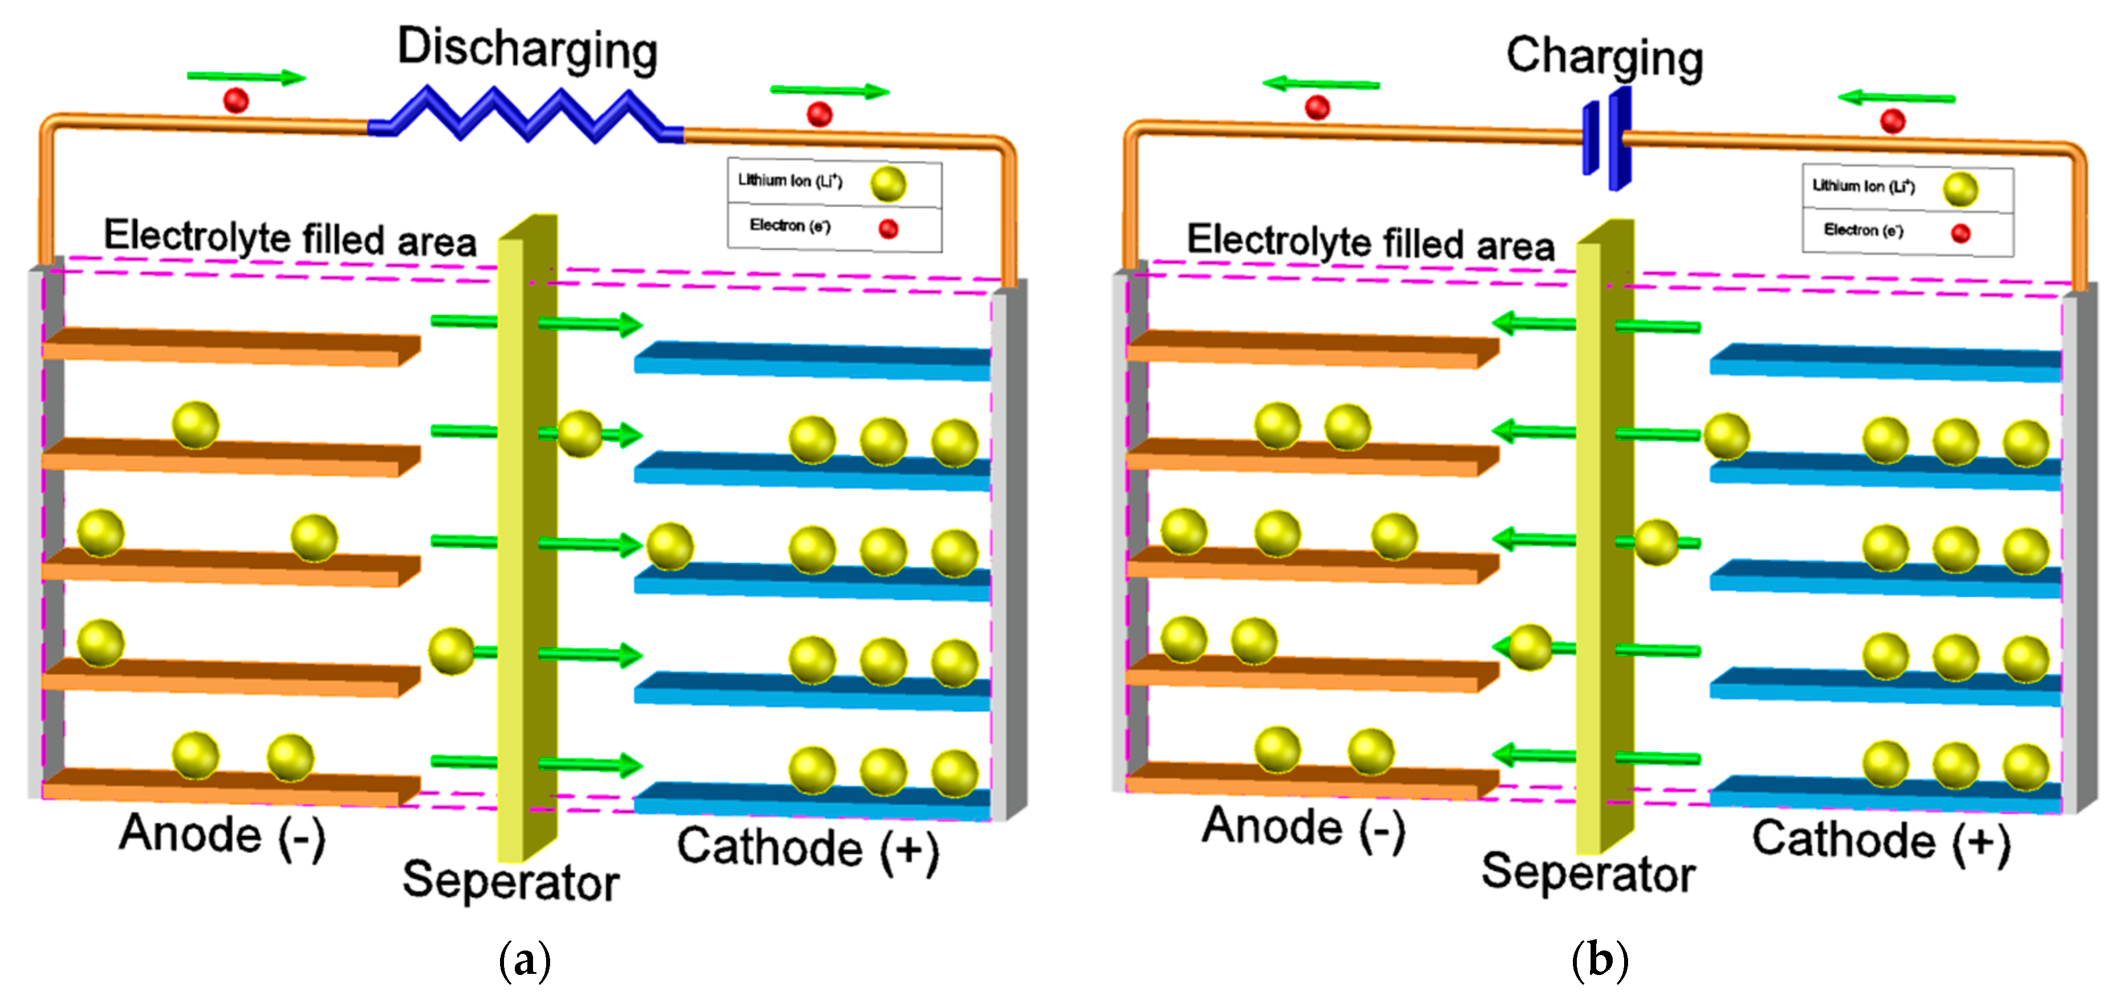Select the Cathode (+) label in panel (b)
coord(1881,840)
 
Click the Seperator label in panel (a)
coord(511,879)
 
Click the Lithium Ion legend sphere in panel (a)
coord(889,184)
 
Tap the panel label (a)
coord(525,960)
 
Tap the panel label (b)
coord(1600,960)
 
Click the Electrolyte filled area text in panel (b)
coord(1370,242)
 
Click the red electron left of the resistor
coord(236,101)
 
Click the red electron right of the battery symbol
coord(1892,121)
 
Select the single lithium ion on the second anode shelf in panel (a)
coord(195,424)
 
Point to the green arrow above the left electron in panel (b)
coord(1320,83)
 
